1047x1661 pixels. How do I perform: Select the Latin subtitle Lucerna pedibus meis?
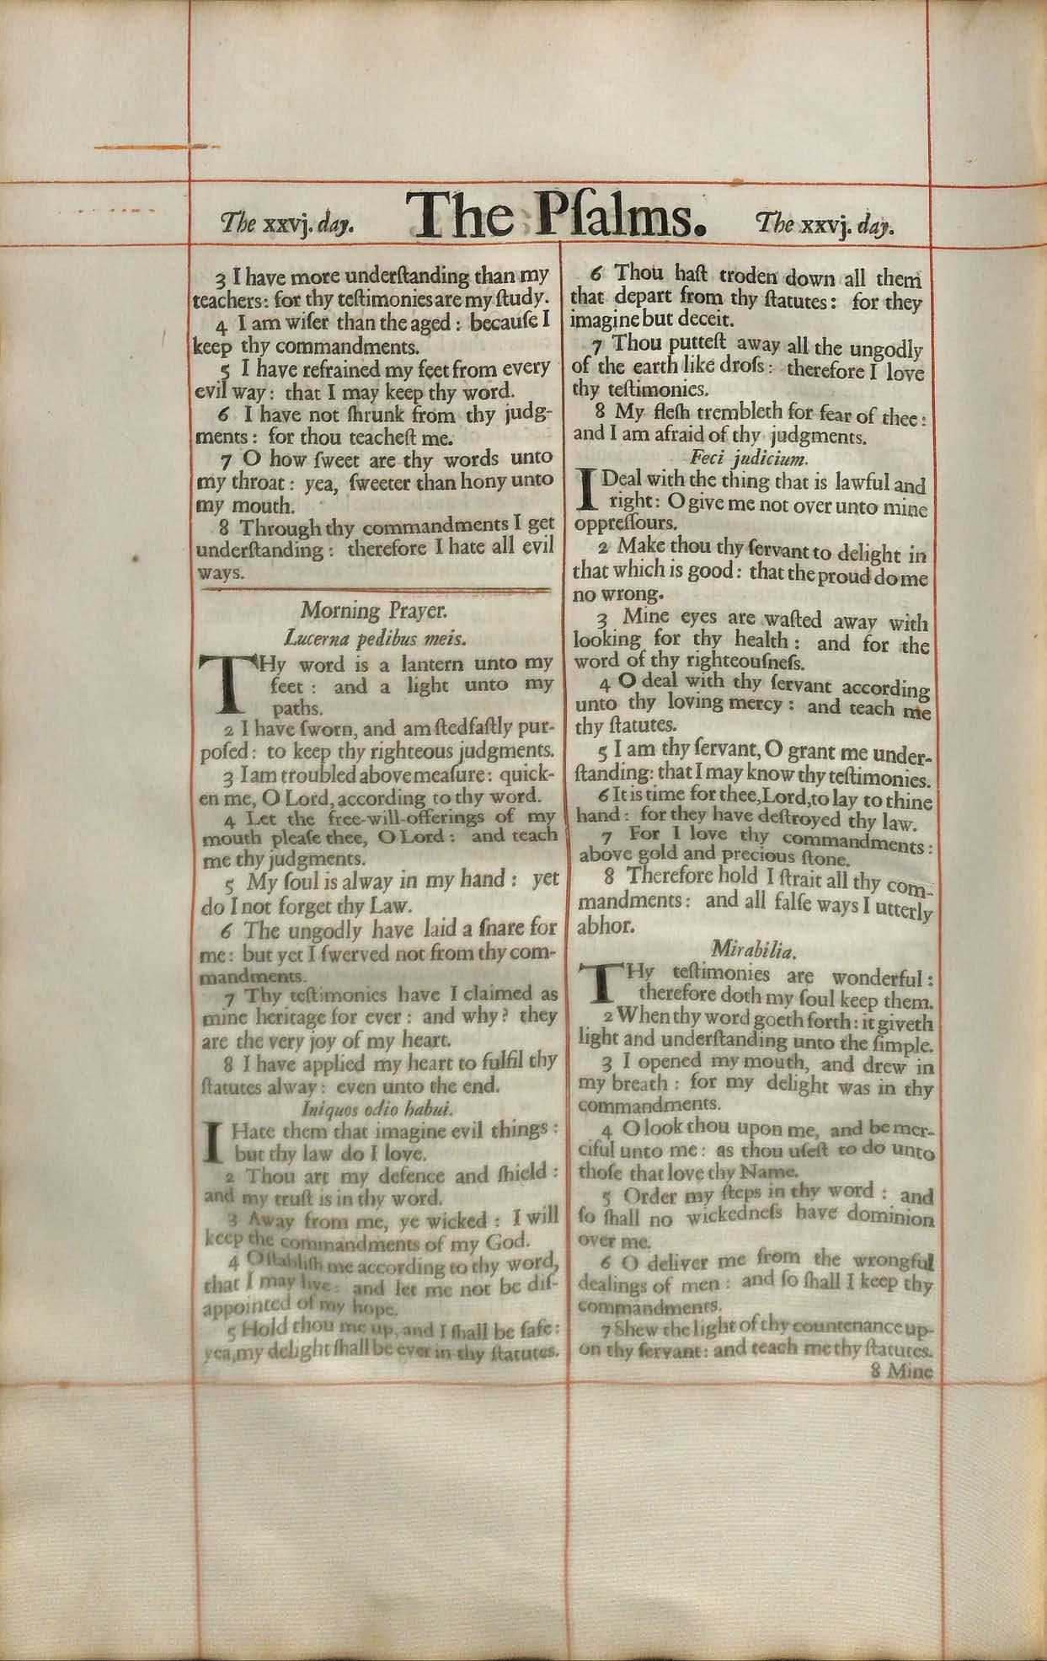coord(376,636)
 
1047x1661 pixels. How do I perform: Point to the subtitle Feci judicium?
coord(749,459)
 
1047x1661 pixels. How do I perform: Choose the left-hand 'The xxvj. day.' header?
coord(286,226)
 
